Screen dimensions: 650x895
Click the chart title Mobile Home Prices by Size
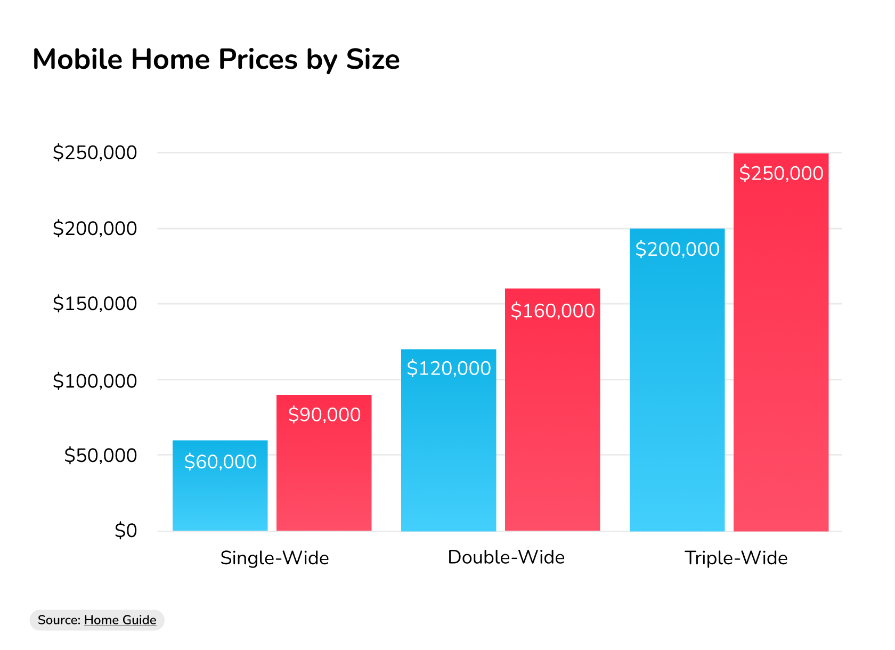pos(216,59)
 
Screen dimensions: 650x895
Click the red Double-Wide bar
pos(552,421)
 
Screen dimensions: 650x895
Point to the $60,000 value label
pos(221,461)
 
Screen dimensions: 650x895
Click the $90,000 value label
pos(324,415)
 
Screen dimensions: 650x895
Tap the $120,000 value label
pos(449,368)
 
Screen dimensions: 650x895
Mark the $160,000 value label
pos(552,311)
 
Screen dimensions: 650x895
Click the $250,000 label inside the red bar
pos(781,173)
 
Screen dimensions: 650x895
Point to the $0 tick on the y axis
pos(126,531)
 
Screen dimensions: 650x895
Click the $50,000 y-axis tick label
pos(100,455)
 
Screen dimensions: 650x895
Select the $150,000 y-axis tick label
pos(95,304)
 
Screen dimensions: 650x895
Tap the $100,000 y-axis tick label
pos(95,381)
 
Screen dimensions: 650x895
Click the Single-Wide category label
pos(274,558)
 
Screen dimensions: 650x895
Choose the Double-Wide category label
pos(506,557)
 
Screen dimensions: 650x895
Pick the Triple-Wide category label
pos(736,558)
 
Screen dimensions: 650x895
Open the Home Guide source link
pos(120,620)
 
